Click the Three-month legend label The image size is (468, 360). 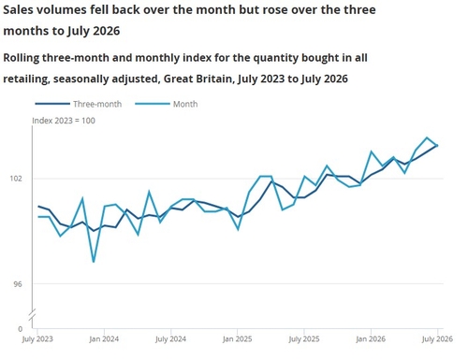[x=97, y=104]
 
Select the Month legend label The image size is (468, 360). [x=185, y=104]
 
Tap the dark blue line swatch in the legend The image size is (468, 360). [x=52, y=104]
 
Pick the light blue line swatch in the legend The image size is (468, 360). [x=153, y=104]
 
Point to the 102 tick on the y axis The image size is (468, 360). [x=16, y=179]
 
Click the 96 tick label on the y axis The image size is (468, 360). [x=18, y=284]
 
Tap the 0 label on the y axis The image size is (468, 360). [x=21, y=329]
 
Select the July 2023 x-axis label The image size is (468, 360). [x=37, y=339]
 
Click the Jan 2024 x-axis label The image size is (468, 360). [x=104, y=338]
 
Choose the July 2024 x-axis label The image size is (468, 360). [x=170, y=339]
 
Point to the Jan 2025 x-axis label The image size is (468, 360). [x=237, y=338]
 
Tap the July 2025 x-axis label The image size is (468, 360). [x=304, y=339]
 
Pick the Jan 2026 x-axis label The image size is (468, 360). [x=371, y=338]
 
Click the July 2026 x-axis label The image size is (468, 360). [x=437, y=339]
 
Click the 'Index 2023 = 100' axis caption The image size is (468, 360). [x=64, y=121]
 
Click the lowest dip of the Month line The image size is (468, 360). [x=94, y=262]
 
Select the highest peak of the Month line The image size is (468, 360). [x=427, y=137]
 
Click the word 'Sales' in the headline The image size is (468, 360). [x=19, y=10]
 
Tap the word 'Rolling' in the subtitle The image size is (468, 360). [x=22, y=58]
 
